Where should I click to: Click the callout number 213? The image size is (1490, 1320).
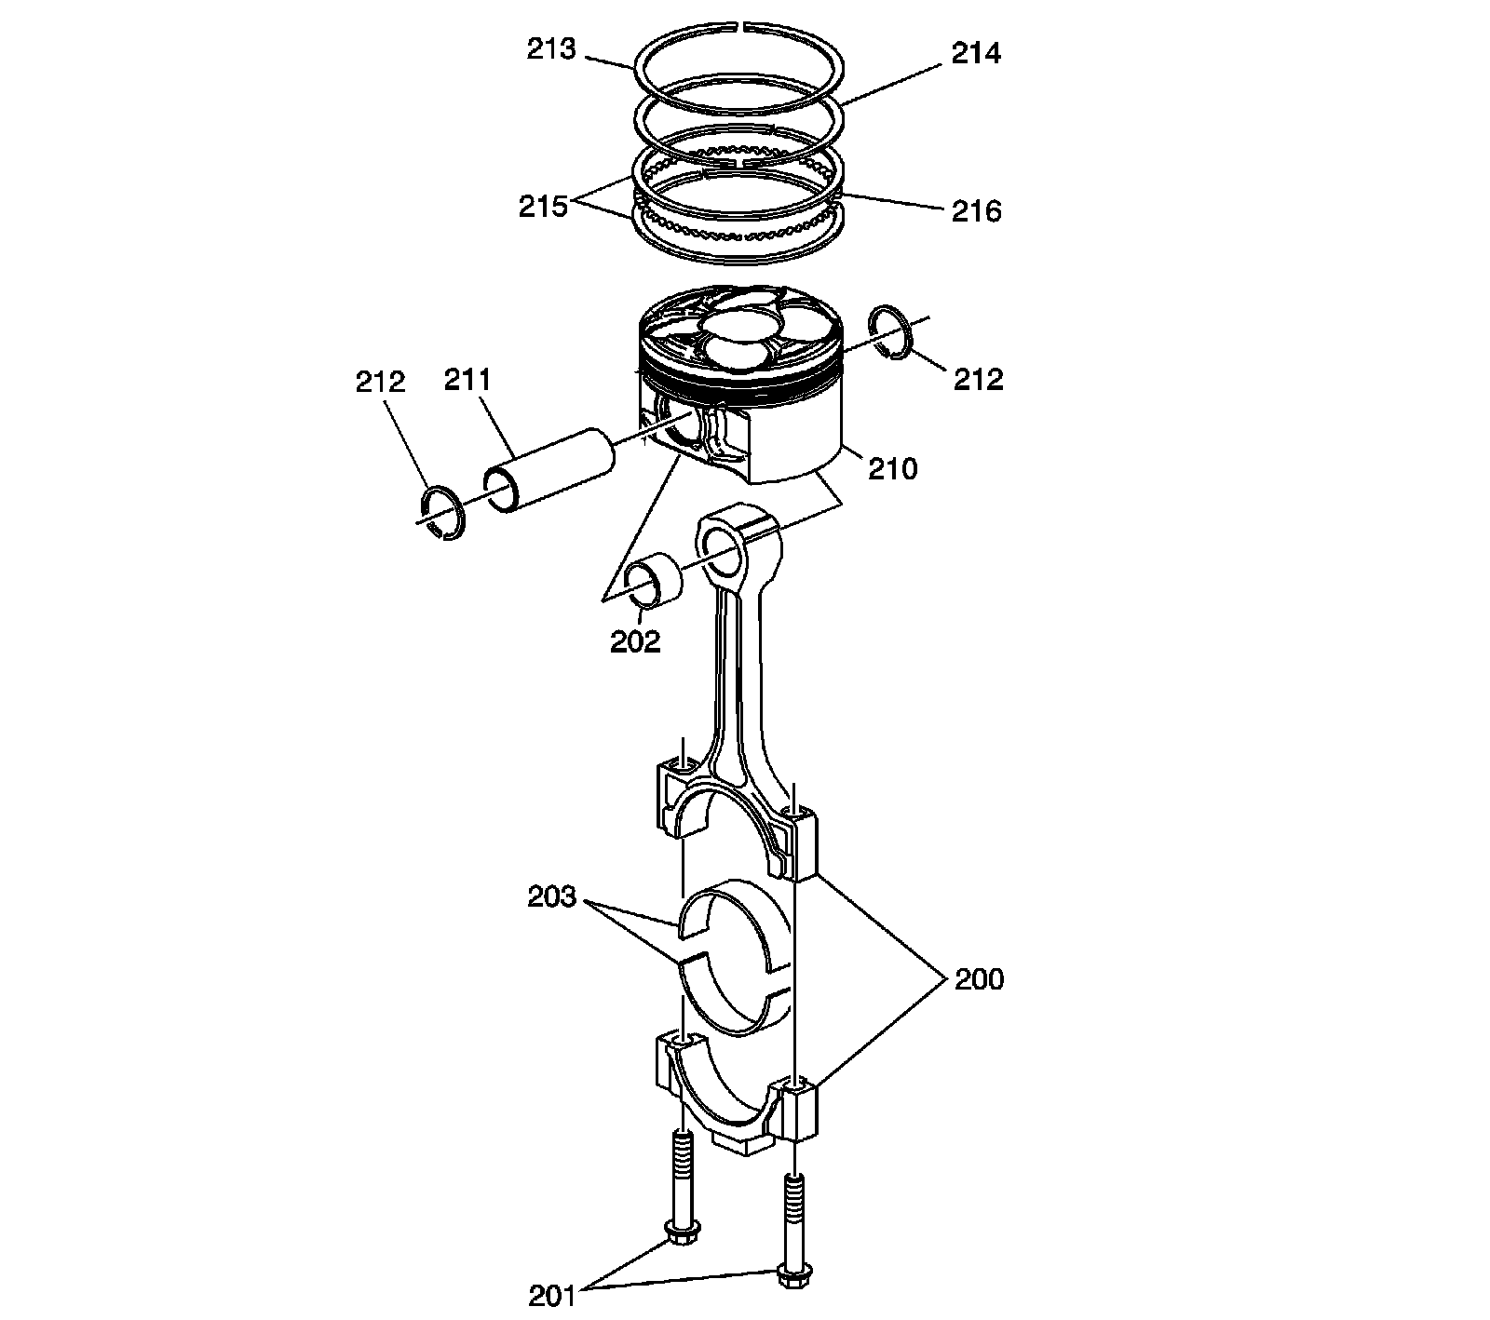tap(552, 48)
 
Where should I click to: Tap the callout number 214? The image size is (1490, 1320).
tap(976, 54)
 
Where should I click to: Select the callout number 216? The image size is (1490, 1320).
tap(976, 211)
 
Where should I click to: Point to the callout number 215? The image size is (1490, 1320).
tap(543, 207)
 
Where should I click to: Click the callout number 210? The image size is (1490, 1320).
tap(893, 468)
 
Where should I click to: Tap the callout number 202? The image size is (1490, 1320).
tap(635, 641)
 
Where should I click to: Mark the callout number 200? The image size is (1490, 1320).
tap(979, 979)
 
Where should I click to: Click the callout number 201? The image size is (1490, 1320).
tap(554, 1295)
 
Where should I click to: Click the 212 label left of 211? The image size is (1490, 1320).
tap(381, 382)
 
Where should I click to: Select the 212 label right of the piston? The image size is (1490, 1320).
tap(978, 380)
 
